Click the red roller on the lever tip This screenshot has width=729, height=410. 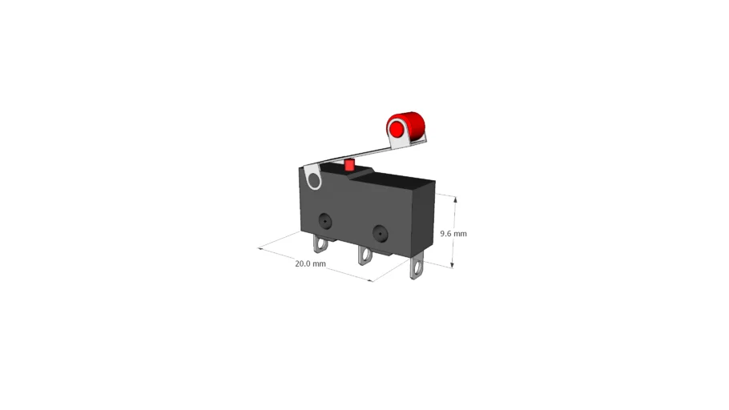pyautogui.click(x=405, y=126)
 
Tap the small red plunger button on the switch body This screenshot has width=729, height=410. pyautogui.click(x=349, y=165)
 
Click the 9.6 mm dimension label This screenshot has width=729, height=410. pyautogui.click(x=453, y=233)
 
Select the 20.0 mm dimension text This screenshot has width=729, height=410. pyautogui.click(x=310, y=263)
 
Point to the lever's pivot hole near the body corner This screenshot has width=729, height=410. pyautogui.click(x=314, y=180)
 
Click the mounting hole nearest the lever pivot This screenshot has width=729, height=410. pyautogui.click(x=324, y=220)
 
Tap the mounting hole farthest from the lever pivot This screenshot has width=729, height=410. pyautogui.click(x=380, y=232)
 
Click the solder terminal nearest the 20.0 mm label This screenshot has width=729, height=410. pyautogui.click(x=320, y=243)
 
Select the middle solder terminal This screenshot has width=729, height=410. pyautogui.click(x=365, y=255)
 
